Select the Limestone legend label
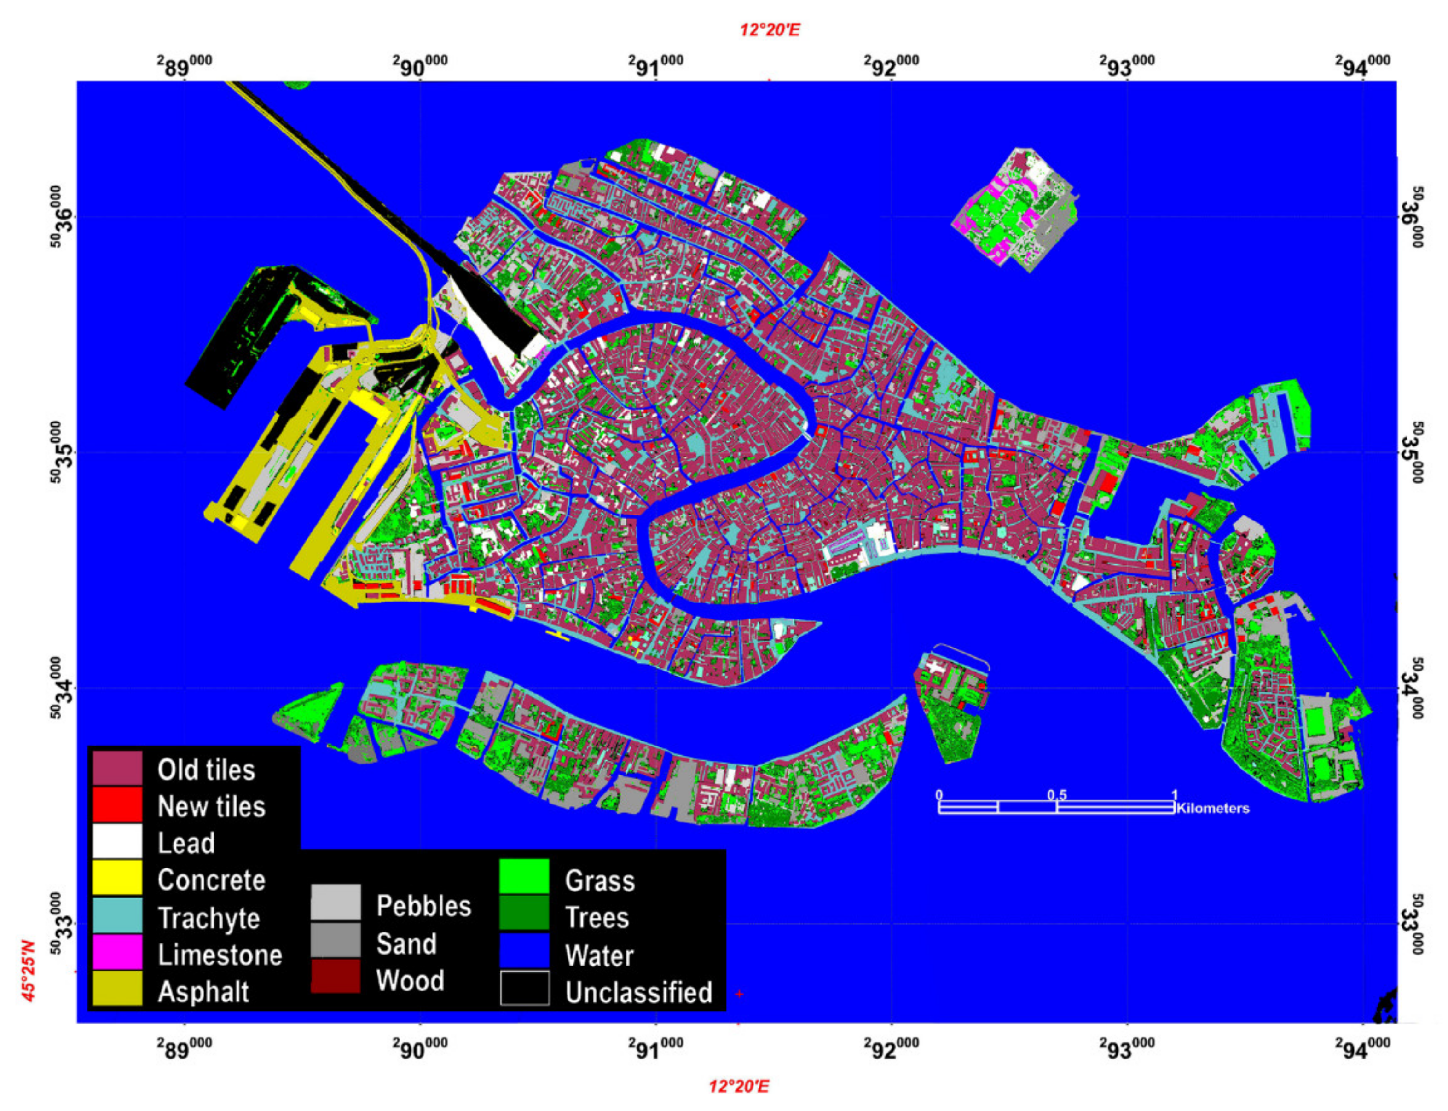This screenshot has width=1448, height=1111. click(x=220, y=955)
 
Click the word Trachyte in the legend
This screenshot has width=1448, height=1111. click(x=209, y=918)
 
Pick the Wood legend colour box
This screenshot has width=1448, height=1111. click(x=335, y=977)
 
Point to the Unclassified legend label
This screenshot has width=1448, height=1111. click(x=638, y=992)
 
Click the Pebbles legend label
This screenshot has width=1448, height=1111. click(x=423, y=905)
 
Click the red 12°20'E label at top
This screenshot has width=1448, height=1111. click(x=770, y=30)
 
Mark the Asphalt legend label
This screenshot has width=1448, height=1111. click(x=203, y=991)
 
